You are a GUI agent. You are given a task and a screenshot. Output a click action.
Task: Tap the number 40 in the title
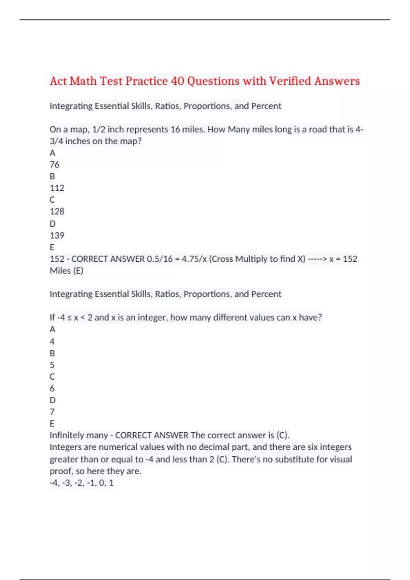tap(177, 81)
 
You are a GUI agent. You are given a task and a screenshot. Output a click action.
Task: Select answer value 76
tap(55, 164)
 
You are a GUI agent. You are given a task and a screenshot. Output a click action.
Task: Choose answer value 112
tap(57, 188)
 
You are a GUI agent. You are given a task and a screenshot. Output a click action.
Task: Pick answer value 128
tap(57, 212)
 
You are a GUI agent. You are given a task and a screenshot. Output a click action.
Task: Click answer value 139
tap(57, 235)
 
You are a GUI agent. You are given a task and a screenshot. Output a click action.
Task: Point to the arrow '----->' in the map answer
tap(317, 259)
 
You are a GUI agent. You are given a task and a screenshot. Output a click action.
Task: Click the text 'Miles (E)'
tap(67, 271)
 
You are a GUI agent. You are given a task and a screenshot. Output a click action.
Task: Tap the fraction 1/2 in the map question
tap(99, 130)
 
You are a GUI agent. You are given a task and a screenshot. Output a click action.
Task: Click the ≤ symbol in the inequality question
tap(69, 318)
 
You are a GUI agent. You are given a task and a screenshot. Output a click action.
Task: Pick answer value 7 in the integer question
tap(52, 412)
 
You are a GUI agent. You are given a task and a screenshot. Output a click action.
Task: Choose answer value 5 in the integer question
tap(52, 365)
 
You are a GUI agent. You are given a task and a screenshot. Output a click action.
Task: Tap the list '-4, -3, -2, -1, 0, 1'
tap(82, 483)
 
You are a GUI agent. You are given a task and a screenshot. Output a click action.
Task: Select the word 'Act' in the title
tap(58, 81)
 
